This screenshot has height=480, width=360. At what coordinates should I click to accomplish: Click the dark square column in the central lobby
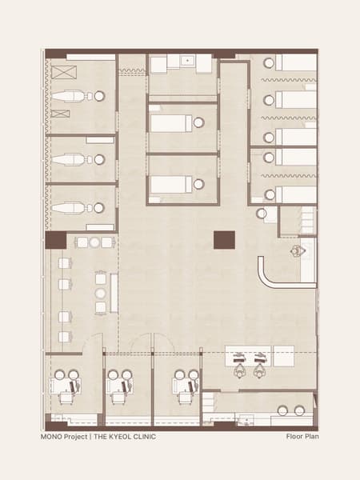224,240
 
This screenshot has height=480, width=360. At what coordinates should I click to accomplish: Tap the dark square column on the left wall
56,240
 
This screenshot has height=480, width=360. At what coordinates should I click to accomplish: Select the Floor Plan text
302,437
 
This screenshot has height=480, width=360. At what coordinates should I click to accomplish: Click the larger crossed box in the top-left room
64,72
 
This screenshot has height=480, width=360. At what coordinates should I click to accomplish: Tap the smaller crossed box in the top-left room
60,114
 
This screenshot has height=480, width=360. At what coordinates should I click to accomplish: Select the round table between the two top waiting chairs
94,242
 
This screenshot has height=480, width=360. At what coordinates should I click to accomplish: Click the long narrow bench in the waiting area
114,294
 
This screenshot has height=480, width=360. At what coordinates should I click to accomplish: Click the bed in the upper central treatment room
171,123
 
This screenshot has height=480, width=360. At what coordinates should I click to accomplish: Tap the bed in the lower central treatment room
171,185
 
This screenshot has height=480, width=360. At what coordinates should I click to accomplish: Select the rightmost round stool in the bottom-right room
299,411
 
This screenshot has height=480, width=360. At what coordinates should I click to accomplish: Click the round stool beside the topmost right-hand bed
269,63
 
